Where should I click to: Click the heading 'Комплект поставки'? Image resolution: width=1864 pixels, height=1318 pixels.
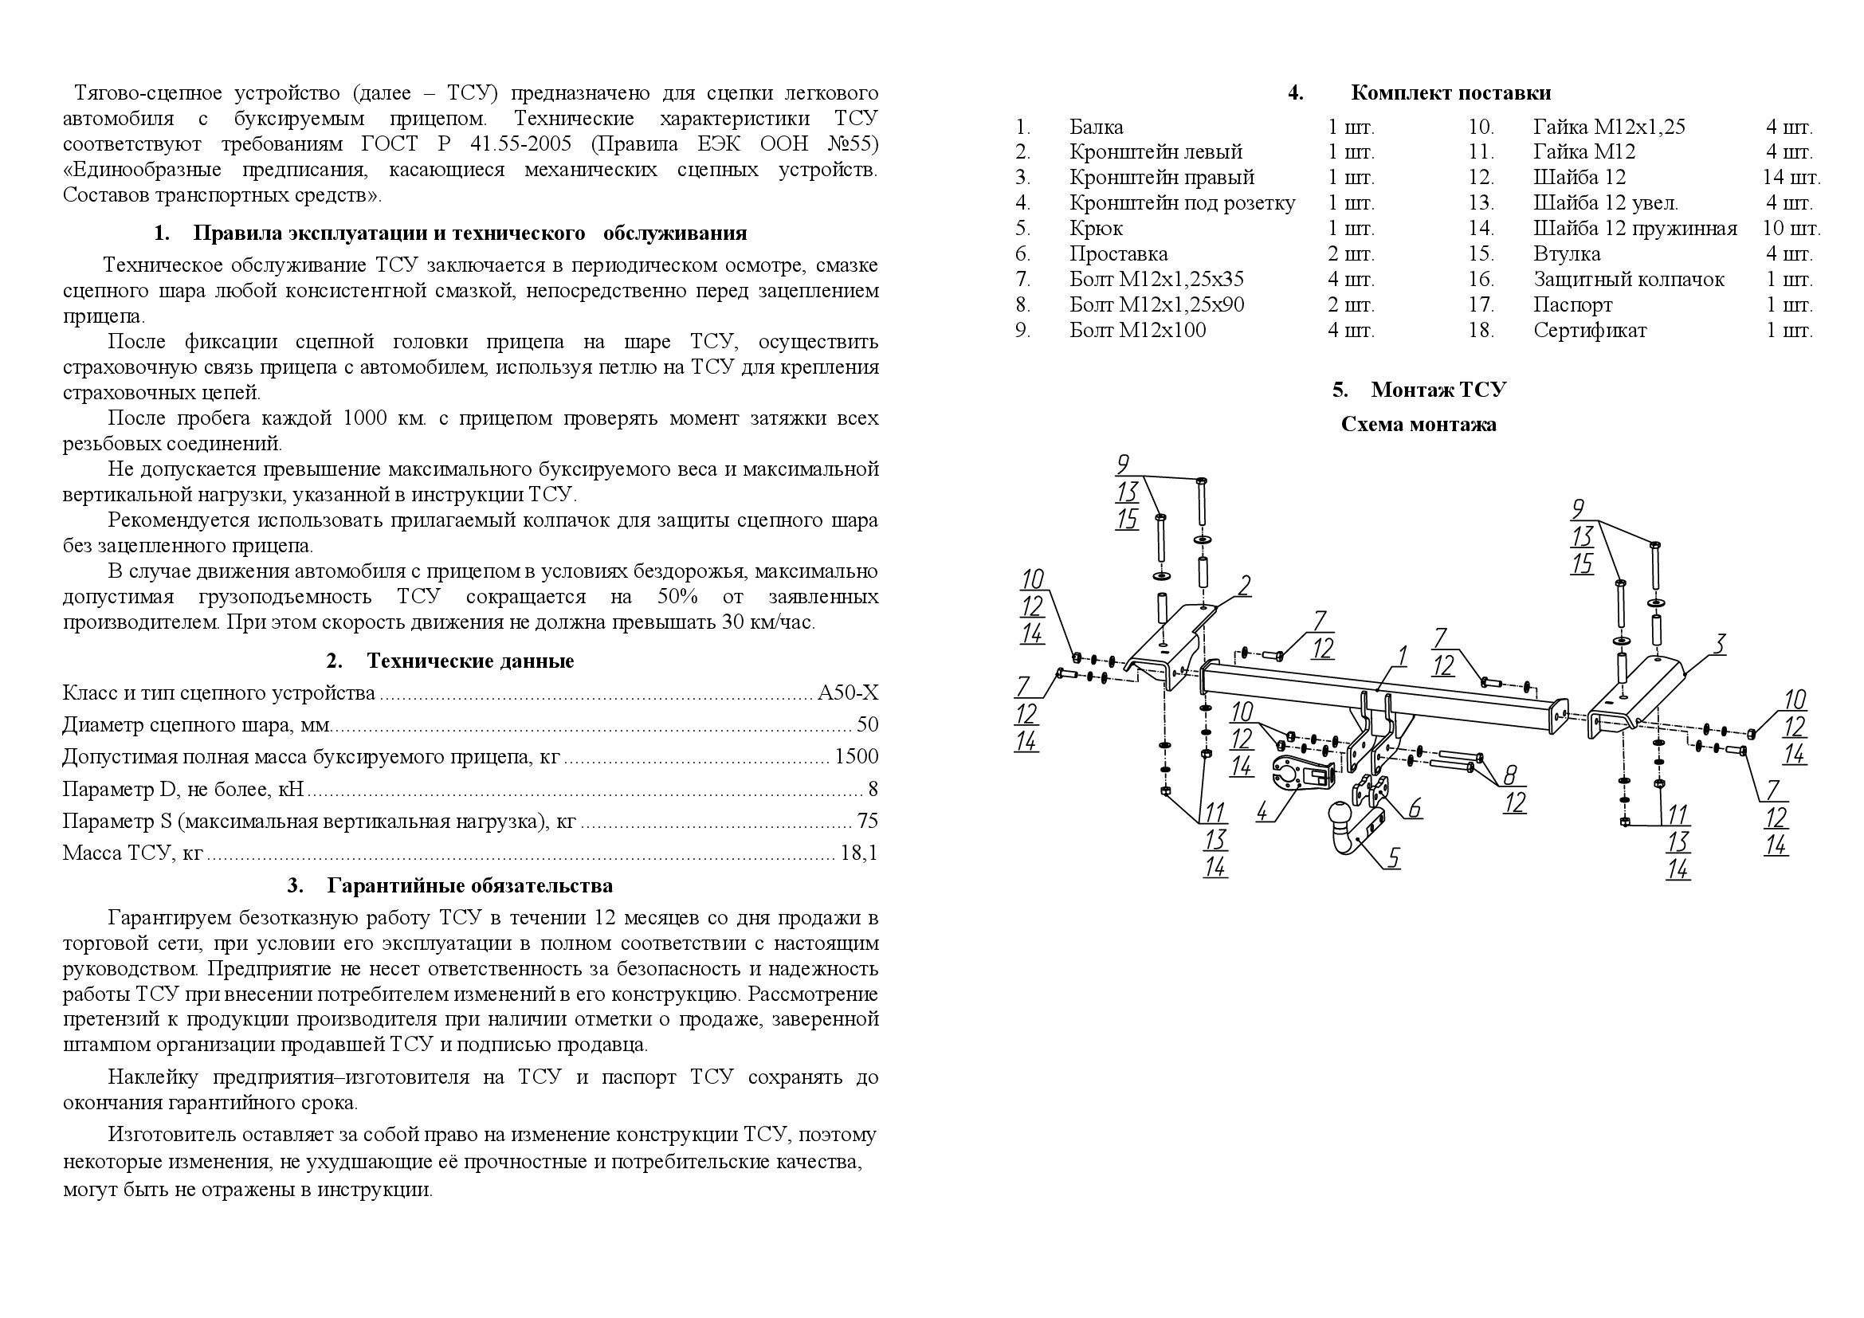coord(1450,93)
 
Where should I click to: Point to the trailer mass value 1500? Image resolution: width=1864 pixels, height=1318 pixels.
coord(857,757)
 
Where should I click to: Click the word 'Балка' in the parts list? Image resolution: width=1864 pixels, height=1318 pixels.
coord(1096,127)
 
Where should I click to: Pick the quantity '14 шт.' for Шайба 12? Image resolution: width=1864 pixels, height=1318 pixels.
coord(1791,178)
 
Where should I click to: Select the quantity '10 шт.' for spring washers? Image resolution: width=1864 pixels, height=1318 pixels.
coord(1791,229)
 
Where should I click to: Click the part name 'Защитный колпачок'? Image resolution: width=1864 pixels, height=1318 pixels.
coord(1629,280)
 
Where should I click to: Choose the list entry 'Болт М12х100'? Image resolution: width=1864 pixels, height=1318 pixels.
coord(1137,331)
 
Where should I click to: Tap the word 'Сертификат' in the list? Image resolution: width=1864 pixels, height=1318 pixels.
coord(1590,331)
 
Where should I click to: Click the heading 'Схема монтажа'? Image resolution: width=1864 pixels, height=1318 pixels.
coord(1419,425)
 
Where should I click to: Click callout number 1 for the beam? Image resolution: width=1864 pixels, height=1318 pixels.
coord(1402,656)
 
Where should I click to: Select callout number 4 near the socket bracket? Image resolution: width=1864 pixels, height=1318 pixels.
coord(1262,810)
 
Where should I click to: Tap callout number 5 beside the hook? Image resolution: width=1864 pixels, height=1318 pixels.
coord(1394,857)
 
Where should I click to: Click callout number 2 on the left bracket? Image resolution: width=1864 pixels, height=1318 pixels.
coord(1245,585)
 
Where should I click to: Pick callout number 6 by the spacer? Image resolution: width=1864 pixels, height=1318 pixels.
coord(1415,807)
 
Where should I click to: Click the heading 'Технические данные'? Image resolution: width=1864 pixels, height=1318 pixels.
coord(470,661)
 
